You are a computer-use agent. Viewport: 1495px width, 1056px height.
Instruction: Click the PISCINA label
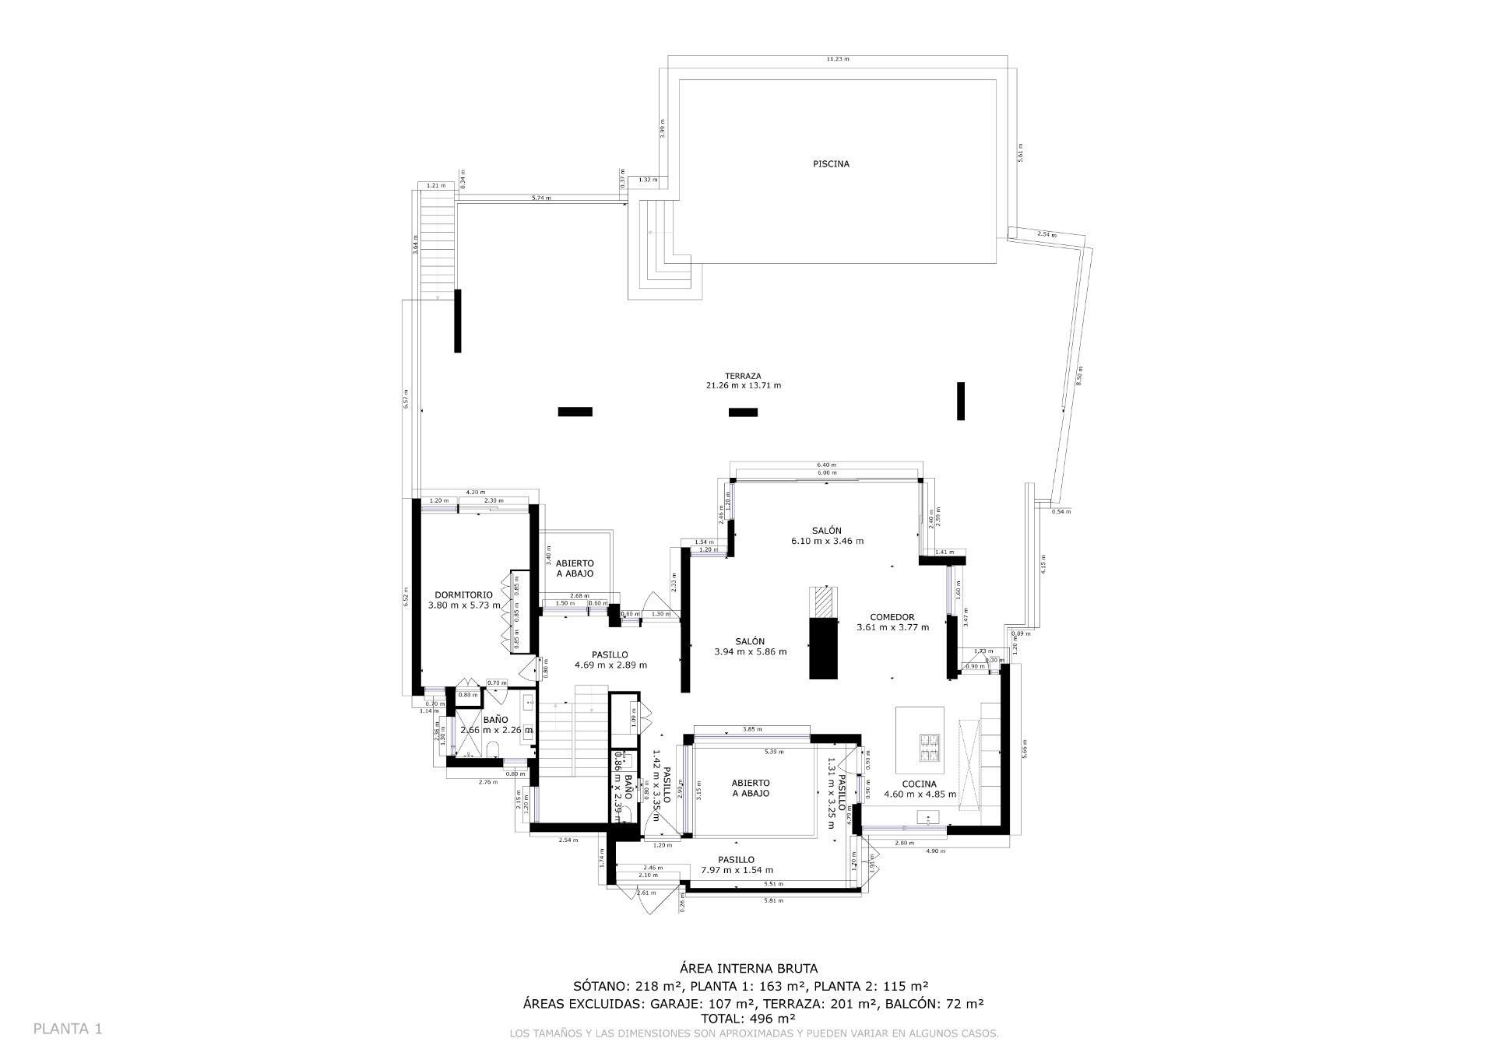[831, 164]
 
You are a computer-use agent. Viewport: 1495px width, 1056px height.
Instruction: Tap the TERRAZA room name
[742, 376]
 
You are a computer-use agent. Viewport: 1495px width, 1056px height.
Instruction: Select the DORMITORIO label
[463, 595]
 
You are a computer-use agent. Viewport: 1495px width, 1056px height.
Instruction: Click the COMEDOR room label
[892, 617]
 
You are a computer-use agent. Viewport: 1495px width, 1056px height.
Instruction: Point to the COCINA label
[919, 784]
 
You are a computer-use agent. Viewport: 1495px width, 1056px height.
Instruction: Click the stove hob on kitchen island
[930, 747]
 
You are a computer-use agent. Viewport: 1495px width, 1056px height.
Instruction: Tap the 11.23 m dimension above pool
[838, 59]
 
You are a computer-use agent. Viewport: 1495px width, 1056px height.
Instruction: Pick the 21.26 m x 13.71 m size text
[742, 386]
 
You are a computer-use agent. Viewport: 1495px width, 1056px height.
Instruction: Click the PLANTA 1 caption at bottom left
[68, 1029]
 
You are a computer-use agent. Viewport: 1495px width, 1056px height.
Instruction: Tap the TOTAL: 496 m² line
[748, 1018]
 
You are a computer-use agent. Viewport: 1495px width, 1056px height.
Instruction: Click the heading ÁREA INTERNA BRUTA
[748, 969]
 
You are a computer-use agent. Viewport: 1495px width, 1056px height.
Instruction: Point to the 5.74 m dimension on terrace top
[541, 198]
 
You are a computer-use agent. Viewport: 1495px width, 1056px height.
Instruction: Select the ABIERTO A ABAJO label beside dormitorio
[575, 568]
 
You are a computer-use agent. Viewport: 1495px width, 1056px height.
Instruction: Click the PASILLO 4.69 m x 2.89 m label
[610, 660]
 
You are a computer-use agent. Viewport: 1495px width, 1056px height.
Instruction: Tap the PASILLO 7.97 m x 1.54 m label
[736, 865]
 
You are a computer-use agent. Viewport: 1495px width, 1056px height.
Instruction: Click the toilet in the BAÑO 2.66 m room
[492, 749]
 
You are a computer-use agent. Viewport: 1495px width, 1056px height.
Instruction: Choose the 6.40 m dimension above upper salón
[826, 465]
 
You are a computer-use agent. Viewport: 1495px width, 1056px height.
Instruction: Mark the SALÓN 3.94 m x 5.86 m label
[750, 647]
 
